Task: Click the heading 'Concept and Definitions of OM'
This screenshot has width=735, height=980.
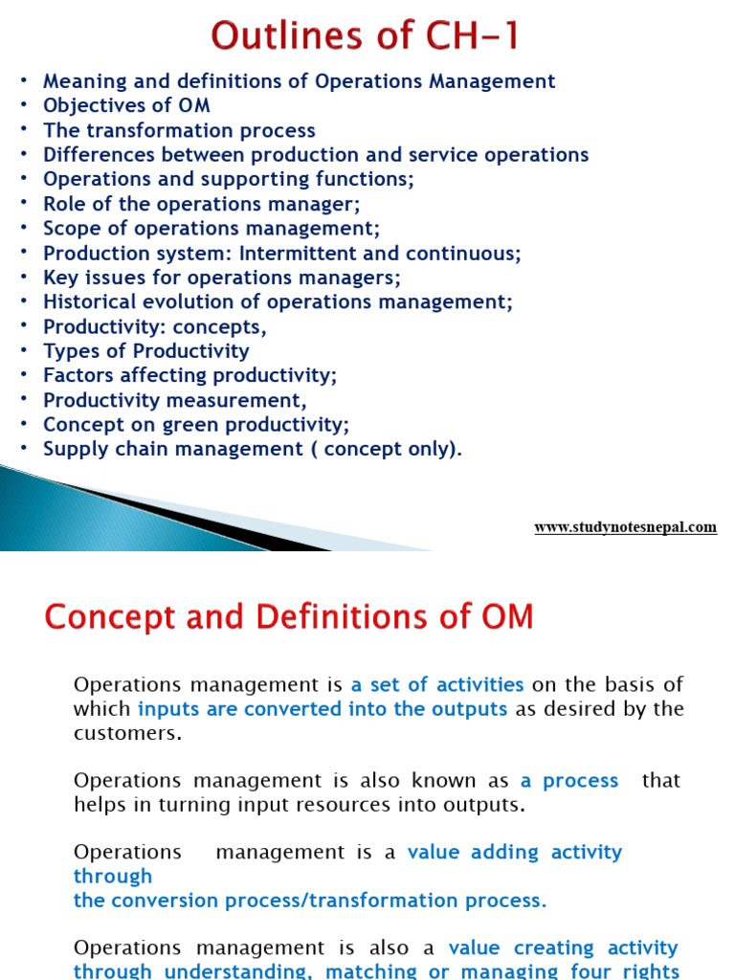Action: pos(288,616)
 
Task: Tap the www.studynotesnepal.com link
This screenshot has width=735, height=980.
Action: pos(625,527)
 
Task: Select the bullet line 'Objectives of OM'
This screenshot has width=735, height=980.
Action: pos(126,105)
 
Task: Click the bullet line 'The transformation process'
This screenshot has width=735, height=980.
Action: pos(179,130)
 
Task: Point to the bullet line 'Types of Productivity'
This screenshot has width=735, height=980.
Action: pos(145,351)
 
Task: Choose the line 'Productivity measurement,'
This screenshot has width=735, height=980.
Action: pos(175,400)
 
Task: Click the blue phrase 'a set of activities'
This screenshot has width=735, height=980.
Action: pos(437,684)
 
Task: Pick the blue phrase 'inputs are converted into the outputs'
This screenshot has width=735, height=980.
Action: pos(323,709)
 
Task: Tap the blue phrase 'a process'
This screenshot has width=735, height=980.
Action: pos(569,780)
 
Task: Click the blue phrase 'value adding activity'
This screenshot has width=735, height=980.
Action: pos(515,852)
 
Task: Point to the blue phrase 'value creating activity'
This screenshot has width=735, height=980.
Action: pos(564,947)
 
